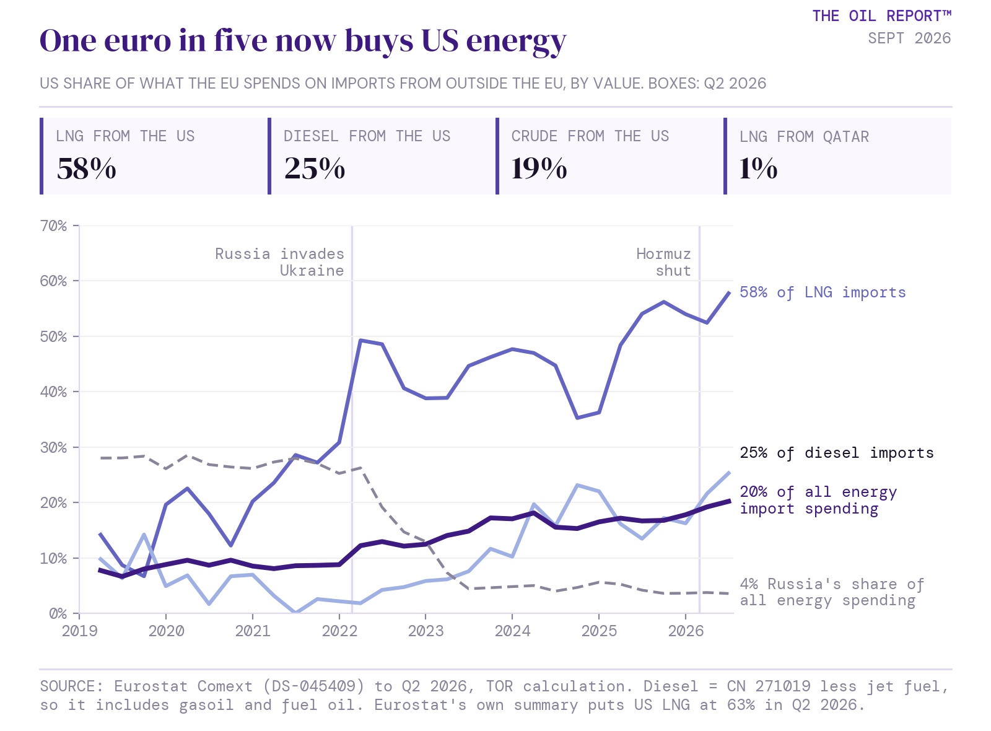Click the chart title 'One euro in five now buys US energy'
[x=303, y=42]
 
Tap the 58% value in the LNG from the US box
[x=87, y=169]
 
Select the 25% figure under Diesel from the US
[x=315, y=169]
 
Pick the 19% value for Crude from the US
[x=539, y=169]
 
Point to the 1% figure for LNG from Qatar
[x=758, y=169]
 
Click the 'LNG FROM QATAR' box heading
[x=805, y=137]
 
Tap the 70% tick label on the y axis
[x=53, y=226]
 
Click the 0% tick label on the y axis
[x=58, y=614]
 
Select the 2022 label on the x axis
[x=339, y=631]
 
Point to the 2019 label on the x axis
[x=80, y=631]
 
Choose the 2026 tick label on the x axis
[x=686, y=631]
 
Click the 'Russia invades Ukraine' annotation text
[x=279, y=263]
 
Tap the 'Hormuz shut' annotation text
[x=663, y=263]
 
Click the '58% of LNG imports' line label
[x=823, y=292]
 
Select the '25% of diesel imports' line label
[x=837, y=453]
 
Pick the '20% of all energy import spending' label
[x=818, y=501]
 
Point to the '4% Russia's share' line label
[x=832, y=592]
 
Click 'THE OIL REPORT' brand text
[x=882, y=16]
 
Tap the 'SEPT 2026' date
[x=910, y=38]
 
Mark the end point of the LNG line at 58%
[x=730, y=292]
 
